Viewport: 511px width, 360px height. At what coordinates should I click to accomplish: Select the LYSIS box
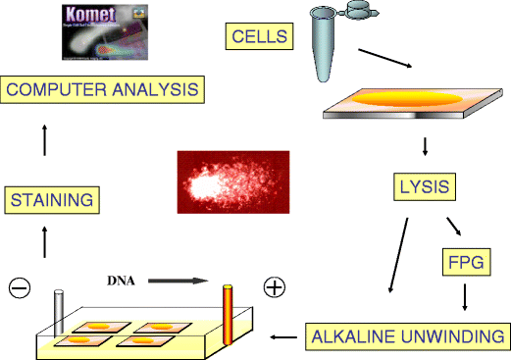[424, 185]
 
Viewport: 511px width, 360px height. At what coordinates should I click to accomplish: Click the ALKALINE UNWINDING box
[406, 336]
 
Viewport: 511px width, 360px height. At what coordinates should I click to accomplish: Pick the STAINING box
[52, 200]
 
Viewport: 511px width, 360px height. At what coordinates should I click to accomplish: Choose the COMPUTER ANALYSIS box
[102, 91]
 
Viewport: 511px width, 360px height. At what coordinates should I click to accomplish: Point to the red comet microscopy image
[232, 181]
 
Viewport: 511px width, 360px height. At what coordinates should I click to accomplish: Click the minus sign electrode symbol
[20, 287]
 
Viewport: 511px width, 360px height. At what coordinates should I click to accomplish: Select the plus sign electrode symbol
[275, 287]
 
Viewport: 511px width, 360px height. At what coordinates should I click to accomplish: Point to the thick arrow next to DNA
[175, 281]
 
